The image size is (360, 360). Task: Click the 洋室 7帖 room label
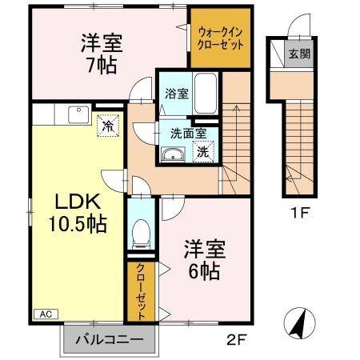pos(102,53)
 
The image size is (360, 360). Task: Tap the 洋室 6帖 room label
pos(204,259)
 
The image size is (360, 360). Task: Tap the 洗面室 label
pos(188,133)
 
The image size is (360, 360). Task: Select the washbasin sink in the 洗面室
pos(170,154)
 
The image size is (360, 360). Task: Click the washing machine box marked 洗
pos(203,150)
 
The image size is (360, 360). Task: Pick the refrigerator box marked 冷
pos(106,126)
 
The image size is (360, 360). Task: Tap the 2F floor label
pos(235,338)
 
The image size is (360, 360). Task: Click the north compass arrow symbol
pos(298,324)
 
